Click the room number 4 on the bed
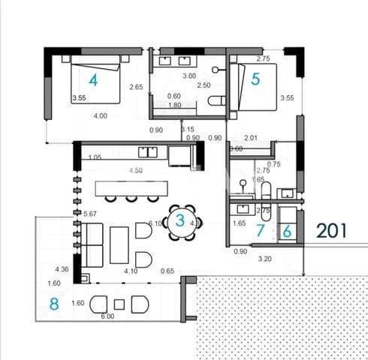point(94,79)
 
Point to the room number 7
point(261,231)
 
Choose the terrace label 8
point(53,304)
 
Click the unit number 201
point(331,230)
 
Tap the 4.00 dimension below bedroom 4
point(99,115)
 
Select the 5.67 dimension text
point(90,212)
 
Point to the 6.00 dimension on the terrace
point(109,317)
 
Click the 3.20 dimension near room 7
point(265,259)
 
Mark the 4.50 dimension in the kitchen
point(135,171)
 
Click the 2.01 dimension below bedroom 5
point(252,137)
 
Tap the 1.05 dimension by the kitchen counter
point(95,157)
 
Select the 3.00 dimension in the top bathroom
point(189,76)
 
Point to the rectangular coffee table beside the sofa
point(119,244)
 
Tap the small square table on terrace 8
point(119,304)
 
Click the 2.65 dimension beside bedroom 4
point(136,87)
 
